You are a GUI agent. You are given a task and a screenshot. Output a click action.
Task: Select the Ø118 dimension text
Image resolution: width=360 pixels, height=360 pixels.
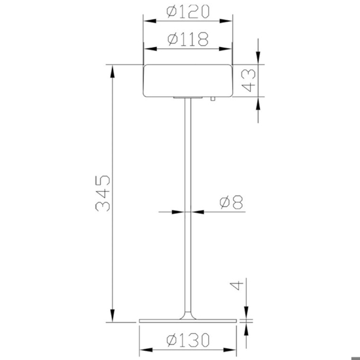point(188,39)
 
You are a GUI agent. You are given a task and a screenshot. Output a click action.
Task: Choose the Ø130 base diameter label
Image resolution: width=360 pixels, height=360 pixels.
point(188,340)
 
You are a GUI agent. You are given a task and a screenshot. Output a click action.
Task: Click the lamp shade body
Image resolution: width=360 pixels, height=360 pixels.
point(188,80)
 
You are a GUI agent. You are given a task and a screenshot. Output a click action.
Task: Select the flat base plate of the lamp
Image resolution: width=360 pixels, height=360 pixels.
point(189,321)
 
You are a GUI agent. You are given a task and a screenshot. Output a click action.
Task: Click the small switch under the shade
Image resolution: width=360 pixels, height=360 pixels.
point(213,99)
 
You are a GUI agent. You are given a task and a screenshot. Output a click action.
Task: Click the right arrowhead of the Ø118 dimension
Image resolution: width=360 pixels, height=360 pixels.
point(229,48)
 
